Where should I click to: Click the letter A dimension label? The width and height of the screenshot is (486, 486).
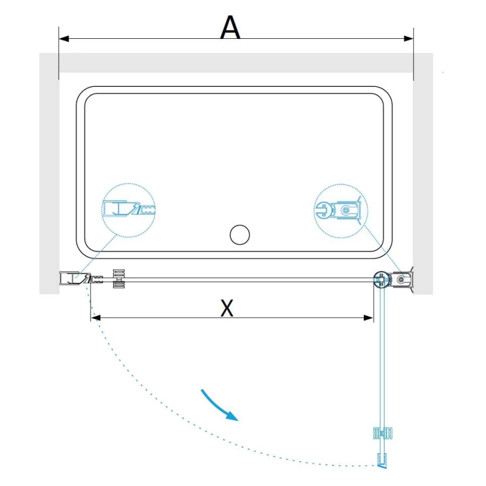point(230,27)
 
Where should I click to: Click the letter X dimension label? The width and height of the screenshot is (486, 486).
point(227,307)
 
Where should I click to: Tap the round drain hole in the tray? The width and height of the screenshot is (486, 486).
point(239,234)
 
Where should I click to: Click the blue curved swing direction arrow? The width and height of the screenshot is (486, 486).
point(219,405)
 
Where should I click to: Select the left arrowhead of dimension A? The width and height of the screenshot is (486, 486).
point(64,39)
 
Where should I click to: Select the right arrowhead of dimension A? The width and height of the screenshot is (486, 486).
point(408,39)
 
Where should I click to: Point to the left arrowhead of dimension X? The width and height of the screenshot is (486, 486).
point(96,318)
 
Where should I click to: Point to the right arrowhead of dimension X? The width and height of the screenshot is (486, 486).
point(368,318)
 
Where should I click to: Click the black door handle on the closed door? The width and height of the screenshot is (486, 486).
point(118,279)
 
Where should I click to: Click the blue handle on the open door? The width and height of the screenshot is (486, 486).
point(383,433)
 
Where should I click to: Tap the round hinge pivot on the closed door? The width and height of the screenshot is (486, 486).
point(381,280)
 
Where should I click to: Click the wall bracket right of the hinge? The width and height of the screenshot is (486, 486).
point(403,279)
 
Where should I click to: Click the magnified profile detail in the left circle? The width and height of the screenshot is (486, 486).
point(129,208)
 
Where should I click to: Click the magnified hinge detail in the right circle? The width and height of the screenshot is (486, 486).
point(340,210)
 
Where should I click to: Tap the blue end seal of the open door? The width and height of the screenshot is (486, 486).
point(382,460)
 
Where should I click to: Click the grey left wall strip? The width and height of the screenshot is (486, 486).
point(49,174)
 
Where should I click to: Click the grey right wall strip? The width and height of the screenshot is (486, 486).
point(423,174)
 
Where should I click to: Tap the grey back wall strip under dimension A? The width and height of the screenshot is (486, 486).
point(236,63)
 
